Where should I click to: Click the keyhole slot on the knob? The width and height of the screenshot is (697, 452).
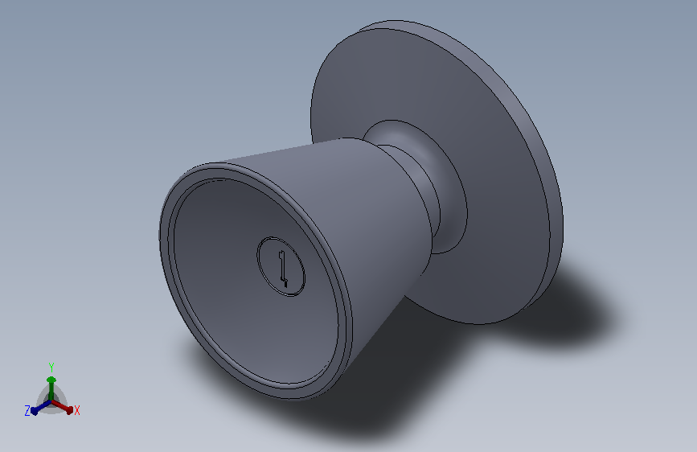coord(283,269)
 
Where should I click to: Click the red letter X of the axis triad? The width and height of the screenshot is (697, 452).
coord(77,410)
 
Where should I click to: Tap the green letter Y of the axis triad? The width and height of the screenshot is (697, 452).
coord(51,368)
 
